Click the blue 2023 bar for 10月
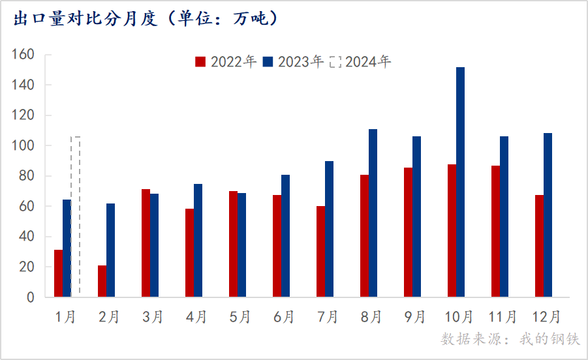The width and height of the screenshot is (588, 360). (460, 183)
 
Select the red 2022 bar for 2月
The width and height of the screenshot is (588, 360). (102, 281)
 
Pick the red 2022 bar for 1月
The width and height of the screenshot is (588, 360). (58, 273)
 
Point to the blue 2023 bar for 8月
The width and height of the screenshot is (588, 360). (373, 213)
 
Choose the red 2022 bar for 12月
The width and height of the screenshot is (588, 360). (539, 246)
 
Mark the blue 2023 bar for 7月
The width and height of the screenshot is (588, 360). (329, 229)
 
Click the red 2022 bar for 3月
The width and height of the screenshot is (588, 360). (146, 243)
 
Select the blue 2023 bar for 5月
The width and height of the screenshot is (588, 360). (241, 245)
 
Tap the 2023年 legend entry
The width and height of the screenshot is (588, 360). (294, 62)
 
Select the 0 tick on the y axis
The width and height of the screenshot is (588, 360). (31, 297)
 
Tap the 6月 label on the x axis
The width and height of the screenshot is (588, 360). (284, 317)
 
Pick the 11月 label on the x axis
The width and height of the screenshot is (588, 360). (503, 317)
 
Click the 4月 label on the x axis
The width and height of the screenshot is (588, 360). (196, 317)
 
